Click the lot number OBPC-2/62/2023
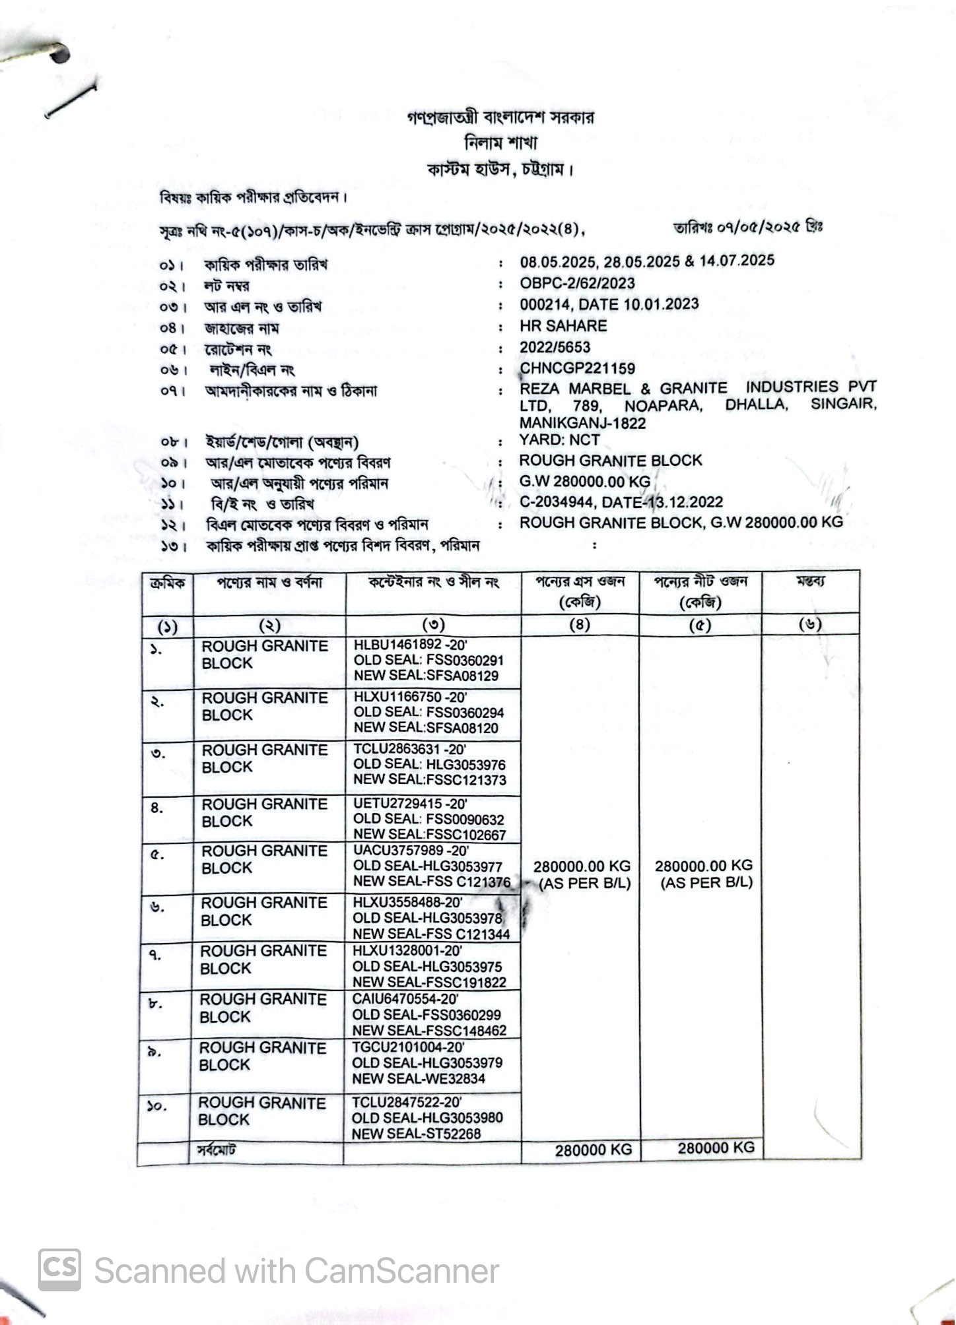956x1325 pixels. point(577,283)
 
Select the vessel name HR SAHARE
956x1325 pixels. point(563,325)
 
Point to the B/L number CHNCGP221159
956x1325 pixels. point(577,368)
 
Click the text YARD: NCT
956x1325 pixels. point(559,439)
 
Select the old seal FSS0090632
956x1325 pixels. point(465,820)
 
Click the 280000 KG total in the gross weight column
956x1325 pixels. point(593,1150)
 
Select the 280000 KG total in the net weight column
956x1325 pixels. point(716,1147)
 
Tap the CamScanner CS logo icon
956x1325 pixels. point(60,1270)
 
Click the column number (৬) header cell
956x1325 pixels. point(809,624)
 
